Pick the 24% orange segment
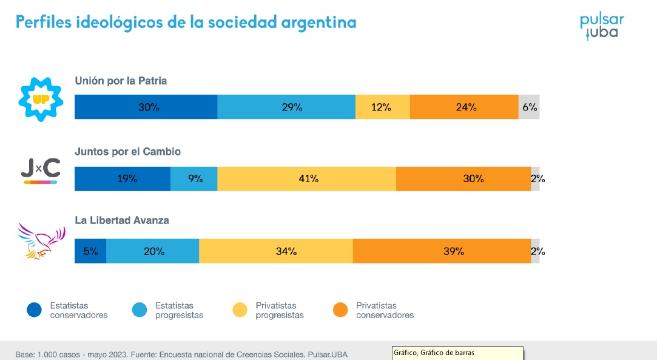(464, 107)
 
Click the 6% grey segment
(529, 107)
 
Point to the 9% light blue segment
(194, 178)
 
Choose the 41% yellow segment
(307, 178)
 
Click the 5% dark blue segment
(90, 251)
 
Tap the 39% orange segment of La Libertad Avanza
(442, 251)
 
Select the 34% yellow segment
(276, 251)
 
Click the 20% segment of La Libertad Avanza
(153, 251)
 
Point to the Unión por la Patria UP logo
(41, 99)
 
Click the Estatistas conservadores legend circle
(35, 310)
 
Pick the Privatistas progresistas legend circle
(240, 310)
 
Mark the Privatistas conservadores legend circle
(341, 310)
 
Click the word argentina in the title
(319, 22)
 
